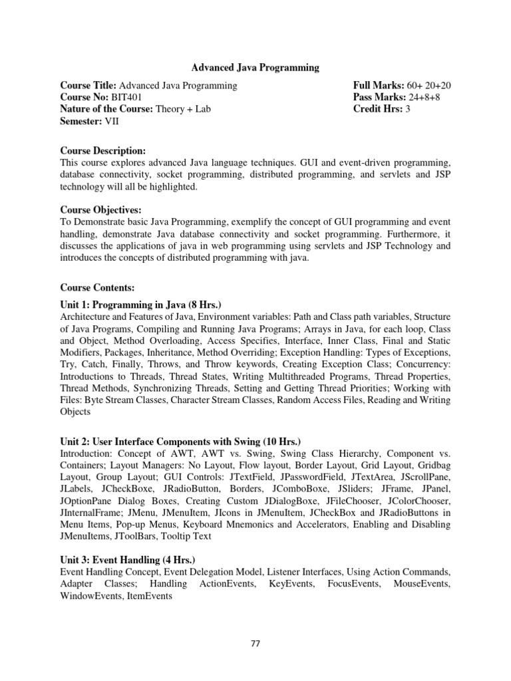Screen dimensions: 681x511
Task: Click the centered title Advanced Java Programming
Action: (x=255, y=67)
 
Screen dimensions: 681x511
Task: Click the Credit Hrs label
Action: (x=377, y=109)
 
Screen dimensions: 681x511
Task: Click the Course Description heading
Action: (x=102, y=151)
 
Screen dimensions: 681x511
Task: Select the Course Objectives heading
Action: (x=100, y=210)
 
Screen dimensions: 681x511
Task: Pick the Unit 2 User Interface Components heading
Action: (x=180, y=442)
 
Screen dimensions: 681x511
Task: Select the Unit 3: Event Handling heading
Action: (x=127, y=560)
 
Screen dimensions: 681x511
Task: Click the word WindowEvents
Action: (x=92, y=597)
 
